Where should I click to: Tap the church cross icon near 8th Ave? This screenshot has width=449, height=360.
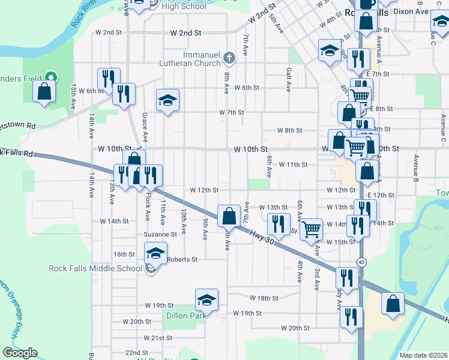(x=228, y=58)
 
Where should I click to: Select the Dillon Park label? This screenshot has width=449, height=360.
(x=181, y=316)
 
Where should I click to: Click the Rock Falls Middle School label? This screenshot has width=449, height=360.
(x=107, y=268)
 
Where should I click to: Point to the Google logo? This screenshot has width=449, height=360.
(x=20, y=353)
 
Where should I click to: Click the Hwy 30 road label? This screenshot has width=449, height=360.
(x=262, y=240)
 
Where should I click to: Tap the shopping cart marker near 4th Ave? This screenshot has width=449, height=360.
(x=311, y=228)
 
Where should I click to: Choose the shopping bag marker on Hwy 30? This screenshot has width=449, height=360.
(x=229, y=216)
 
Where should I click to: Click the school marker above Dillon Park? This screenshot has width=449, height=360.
(x=206, y=299)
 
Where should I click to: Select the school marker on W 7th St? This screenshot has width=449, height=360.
(x=168, y=100)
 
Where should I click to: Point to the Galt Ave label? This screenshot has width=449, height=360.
(x=289, y=79)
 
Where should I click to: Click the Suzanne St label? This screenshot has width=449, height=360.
(x=160, y=235)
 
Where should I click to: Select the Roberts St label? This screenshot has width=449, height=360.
(x=182, y=260)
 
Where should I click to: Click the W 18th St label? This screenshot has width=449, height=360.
(x=264, y=298)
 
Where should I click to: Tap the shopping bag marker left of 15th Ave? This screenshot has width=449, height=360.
(x=44, y=92)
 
